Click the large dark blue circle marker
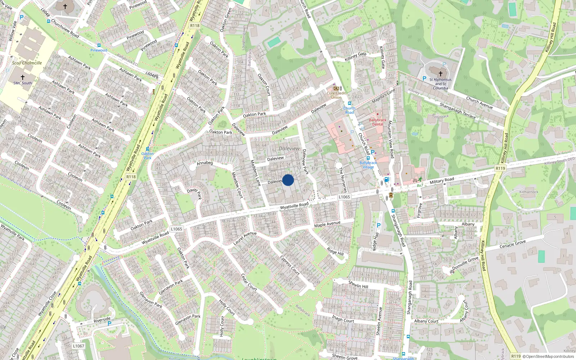pos(288,180)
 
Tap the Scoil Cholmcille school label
pos(27,63)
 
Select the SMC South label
pos(23,83)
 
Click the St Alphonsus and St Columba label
pos(440,84)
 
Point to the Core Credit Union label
pos(336,95)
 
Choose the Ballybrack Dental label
pos(378,122)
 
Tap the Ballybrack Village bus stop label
pos(368,165)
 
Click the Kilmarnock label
pos(529,192)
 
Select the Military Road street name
pos(442,180)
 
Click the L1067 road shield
pos(78,346)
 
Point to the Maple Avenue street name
pos(327,224)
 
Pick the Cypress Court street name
pos(290,265)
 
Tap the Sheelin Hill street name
pos(358,284)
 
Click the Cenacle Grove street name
pos(513,244)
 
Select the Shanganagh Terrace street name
pos(458,111)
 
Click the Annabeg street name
pos(205,163)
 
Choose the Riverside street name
pos(102,320)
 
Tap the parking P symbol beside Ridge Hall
pos(378,225)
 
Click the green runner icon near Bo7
pos(420,179)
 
